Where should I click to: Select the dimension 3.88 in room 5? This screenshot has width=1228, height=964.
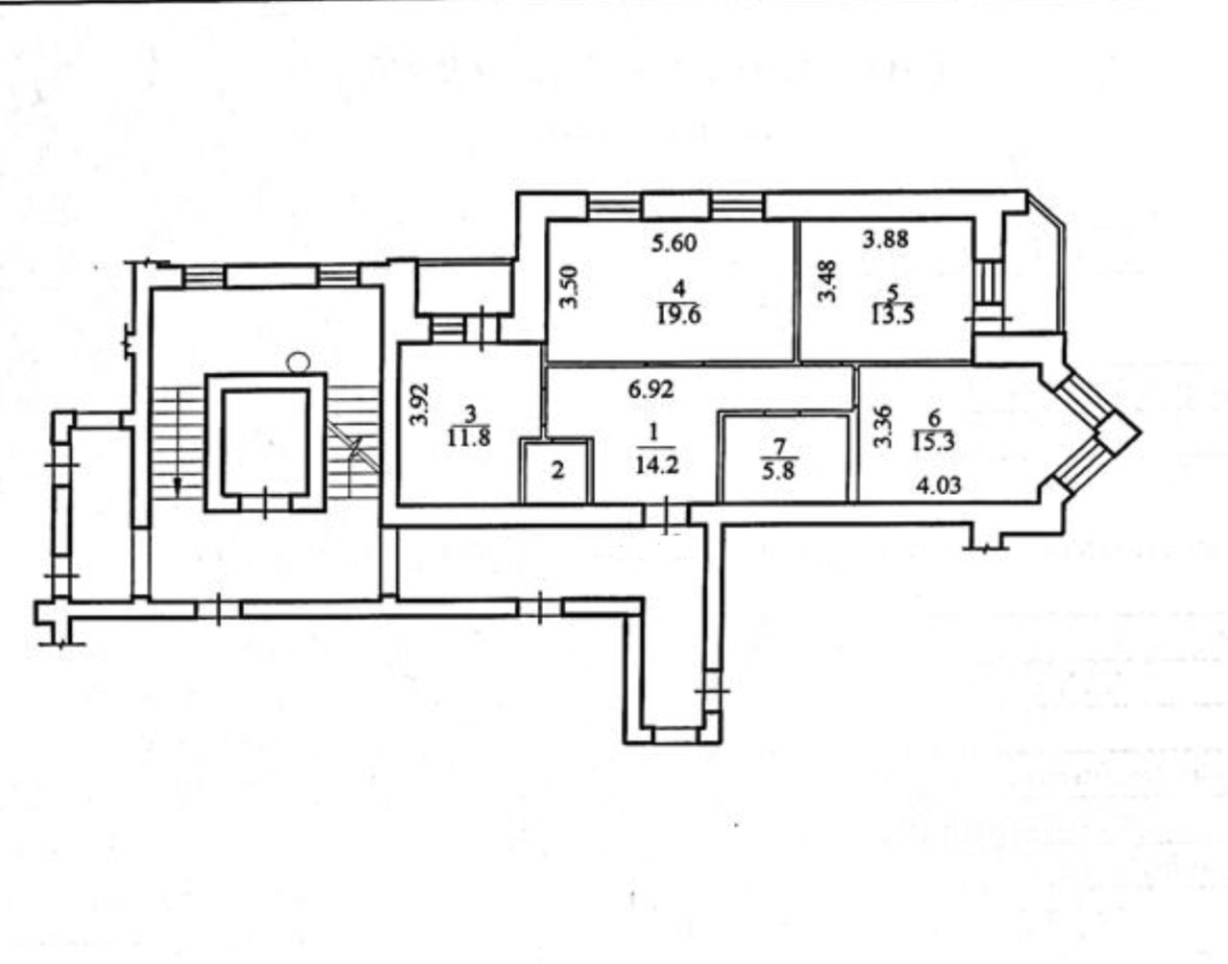tap(885, 241)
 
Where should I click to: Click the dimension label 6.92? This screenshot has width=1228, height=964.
tap(651, 389)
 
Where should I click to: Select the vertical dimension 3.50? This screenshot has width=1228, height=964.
tap(570, 286)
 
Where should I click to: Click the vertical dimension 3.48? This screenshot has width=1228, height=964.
tap(825, 283)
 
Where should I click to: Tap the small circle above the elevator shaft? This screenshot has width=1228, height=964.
tap(299, 361)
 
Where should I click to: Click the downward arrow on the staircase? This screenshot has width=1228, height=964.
tap(177, 485)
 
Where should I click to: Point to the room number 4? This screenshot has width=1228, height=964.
tap(678, 288)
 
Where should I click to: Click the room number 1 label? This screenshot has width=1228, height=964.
tap(654, 434)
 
